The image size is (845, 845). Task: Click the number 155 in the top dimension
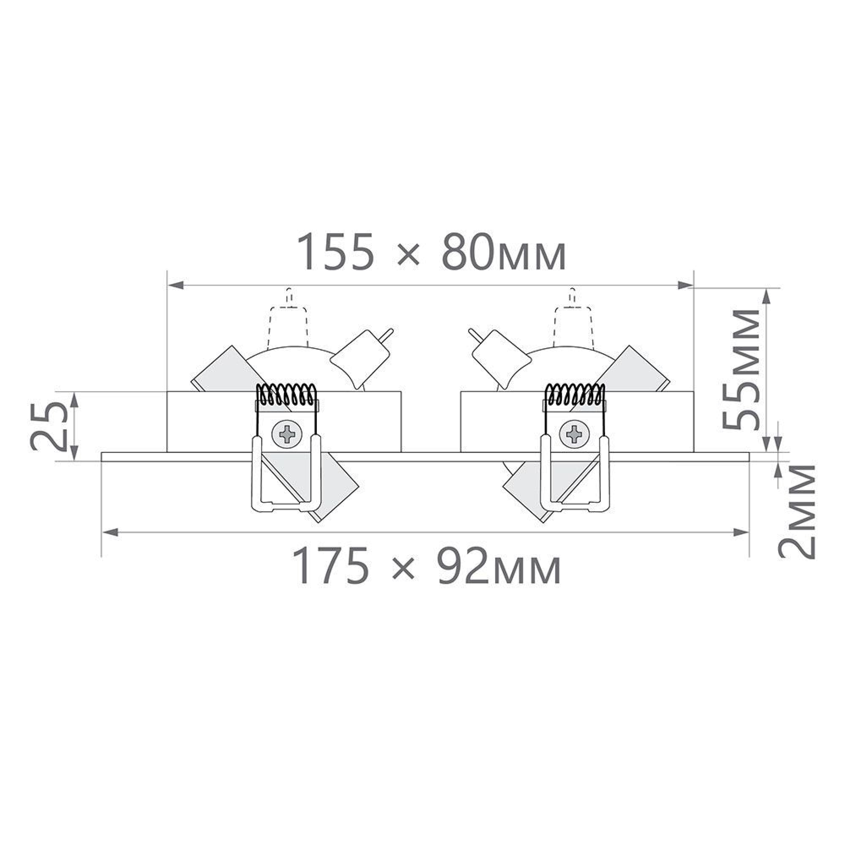click(x=336, y=252)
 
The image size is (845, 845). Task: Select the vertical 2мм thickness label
click(x=797, y=512)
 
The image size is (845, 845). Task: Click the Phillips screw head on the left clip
click(x=287, y=434)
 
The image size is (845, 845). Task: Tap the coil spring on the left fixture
click(x=287, y=394)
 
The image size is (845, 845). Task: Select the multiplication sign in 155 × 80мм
click(x=409, y=254)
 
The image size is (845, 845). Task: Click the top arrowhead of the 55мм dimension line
click(x=766, y=297)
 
